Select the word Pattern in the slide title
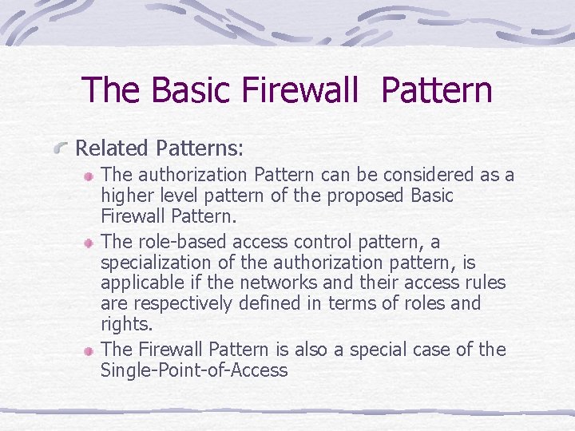437,90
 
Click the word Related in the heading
112,148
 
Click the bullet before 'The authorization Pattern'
90,175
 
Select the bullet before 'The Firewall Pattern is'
90,350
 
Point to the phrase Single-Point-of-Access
194,370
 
